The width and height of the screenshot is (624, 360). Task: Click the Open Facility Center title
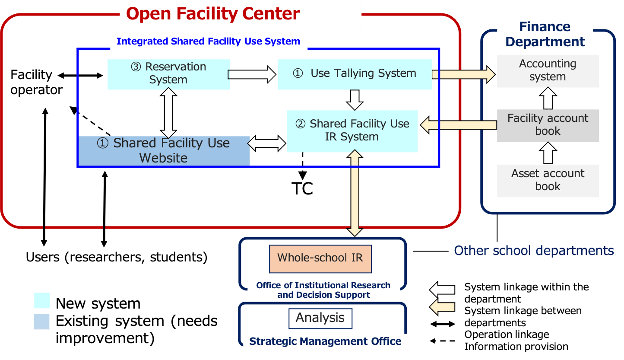click(213, 14)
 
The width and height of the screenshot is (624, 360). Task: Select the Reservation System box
click(168, 74)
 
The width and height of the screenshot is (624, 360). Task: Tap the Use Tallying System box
click(355, 74)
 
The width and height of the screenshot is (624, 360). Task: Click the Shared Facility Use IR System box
click(352, 131)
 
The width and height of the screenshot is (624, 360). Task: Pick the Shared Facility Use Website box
click(164, 150)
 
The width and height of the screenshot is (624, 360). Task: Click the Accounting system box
click(548, 70)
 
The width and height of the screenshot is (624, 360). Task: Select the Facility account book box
click(548, 125)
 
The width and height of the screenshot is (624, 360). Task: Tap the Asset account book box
click(548, 180)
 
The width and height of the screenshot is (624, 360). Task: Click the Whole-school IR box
click(320, 258)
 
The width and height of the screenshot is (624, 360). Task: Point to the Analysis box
click(320, 319)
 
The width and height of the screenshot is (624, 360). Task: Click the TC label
click(302, 189)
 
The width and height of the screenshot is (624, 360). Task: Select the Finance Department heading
click(545, 35)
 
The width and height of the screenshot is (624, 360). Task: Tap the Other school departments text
click(534, 251)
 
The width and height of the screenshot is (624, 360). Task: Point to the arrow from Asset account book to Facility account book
click(548, 153)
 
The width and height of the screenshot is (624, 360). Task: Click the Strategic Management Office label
click(325, 341)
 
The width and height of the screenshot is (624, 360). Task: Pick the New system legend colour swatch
click(42, 301)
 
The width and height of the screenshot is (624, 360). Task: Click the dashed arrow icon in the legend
click(442, 341)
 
